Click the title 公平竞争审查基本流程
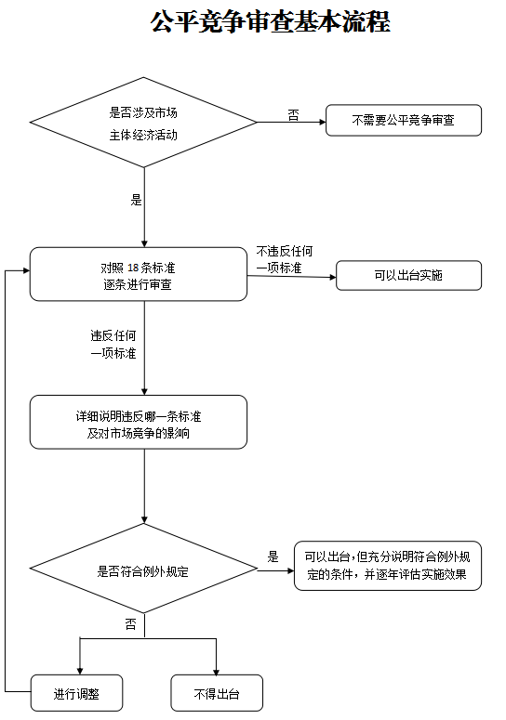[271, 21]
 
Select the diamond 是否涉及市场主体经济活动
[143, 122]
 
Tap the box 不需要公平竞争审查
[404, 120]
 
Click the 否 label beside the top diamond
[293, 115]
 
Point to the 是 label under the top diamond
[136, 200]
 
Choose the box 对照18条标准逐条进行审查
[139, 274]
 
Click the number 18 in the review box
[133, 268]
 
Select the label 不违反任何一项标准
[284, 259]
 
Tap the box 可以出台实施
[408, 276]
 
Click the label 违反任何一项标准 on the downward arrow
[113, 345]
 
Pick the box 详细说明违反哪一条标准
[139, 422]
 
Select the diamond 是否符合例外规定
[143, 569]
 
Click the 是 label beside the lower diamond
[273, 557]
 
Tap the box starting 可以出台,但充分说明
[388, 566]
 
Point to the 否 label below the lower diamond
[130, 623]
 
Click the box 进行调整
[77, 693]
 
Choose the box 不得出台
[217, 693]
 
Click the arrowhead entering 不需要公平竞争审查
[323, 122]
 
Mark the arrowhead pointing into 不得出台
[216, 672]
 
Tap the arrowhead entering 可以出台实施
[333, 277]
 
